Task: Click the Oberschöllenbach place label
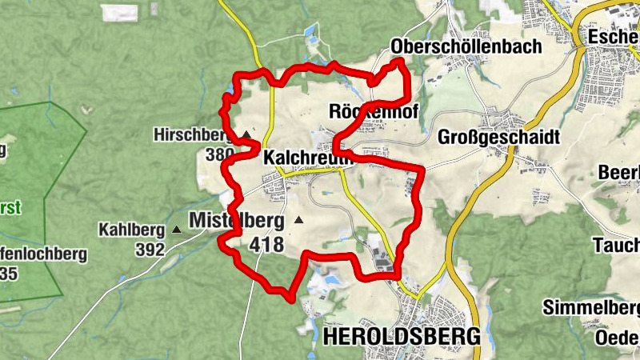pos(466,46)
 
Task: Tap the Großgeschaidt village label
pos(498,138)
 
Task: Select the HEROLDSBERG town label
pos(402,336)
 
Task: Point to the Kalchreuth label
pos(307,158)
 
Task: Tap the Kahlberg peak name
pos(131,230)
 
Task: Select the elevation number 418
pos(266,245)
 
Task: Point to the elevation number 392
pos(150,250)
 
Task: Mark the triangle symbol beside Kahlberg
pos(177,230)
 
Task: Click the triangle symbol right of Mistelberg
pos(299,219)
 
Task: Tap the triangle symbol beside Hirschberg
pos(246,134)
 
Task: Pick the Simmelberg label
pos(591,308)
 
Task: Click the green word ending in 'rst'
pos(10,207)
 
